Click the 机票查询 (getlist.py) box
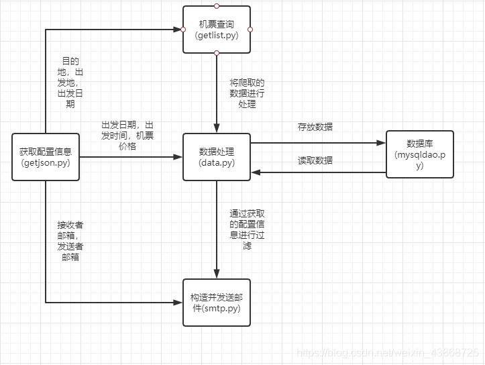216,30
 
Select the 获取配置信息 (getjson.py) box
46,157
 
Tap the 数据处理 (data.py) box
216,157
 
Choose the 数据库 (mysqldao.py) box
420,154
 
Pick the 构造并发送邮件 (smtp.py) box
216,303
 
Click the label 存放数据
315,127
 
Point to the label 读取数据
315,160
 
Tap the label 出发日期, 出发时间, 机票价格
127,136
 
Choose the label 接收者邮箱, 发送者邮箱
70,240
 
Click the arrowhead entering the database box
382,142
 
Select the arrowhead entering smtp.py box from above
216,274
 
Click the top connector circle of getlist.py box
216,5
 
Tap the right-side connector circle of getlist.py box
250,30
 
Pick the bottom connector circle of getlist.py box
216,53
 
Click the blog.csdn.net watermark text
388,352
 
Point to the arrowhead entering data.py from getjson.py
178,157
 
